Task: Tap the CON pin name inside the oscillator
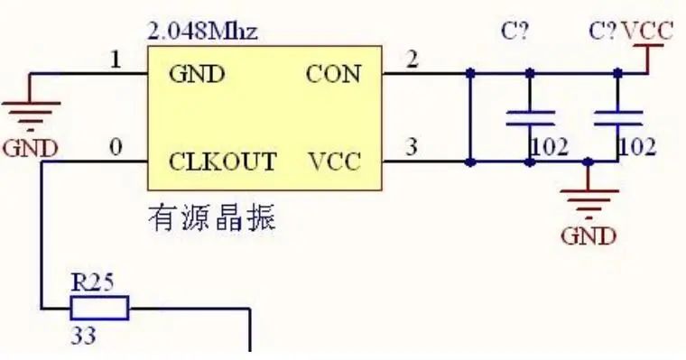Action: pyautogui.click(x=333, y=74)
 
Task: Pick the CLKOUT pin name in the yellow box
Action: pyautogui.click(x=223, y=162)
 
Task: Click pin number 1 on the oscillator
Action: pyautogui.click(x=115, y=60)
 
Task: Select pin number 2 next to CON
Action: pyautogui.click(x=413, y=60)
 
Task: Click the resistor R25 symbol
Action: pyautogui.click(x=99, y=309)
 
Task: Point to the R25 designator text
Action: pyautogui.click(x=92, y=282)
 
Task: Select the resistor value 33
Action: pyautogui.click(x=84, y=337)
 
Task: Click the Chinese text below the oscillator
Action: pyautogui.click(x=211, y=219)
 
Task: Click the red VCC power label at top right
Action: pyautogui.click(x=647, y=32)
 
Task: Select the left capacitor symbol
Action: pyautogui.click(x=530, y=117)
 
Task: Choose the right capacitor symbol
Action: pyautogui.click(x=618, y=117)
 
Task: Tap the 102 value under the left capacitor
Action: pyautogui.click(x=549, y=146)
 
